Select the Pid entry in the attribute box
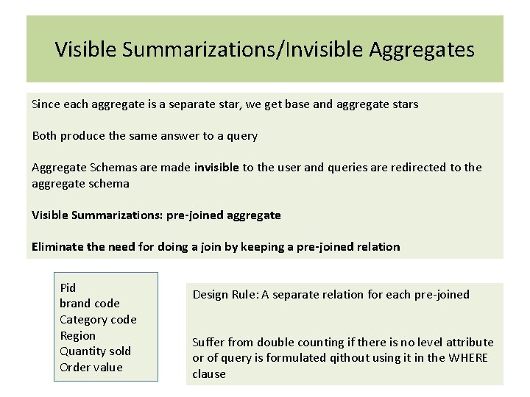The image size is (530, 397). pos(68,287)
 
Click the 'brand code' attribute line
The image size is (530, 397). pos(90,303)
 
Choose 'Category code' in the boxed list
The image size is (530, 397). pos(98,319)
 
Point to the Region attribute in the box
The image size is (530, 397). pos(77,335)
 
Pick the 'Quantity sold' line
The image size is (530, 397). pos(94,351)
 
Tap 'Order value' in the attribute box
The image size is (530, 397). pos(91,367)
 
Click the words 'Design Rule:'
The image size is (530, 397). pos(225,295)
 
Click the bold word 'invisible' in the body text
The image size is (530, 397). pos(216,168)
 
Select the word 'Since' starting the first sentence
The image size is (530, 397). pos(46,104)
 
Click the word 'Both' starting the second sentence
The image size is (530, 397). pos(44,136)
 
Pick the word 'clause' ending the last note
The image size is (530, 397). pos(209,374)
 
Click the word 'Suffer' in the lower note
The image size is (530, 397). pos(208,343)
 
